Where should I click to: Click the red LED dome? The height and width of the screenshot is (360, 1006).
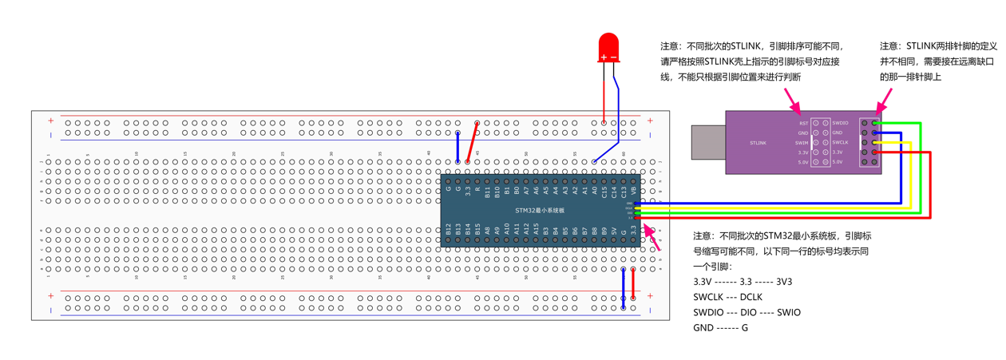pos(608,46)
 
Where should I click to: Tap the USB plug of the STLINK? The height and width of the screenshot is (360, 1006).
pos(707,142)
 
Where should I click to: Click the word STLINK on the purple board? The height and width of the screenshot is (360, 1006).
pos(758,143)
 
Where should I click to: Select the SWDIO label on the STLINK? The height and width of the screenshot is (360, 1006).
pos(840,123)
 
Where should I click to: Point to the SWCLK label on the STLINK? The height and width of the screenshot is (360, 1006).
pos(840,142)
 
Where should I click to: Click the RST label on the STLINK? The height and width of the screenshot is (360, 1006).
pos(803,123)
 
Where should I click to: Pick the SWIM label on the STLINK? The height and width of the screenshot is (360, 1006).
pos(802,143)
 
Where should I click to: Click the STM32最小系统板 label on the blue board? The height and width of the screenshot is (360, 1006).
pos(540,210)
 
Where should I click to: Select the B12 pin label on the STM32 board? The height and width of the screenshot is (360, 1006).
pos(449,231)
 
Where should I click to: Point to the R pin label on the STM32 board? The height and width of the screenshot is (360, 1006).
pos(477,190)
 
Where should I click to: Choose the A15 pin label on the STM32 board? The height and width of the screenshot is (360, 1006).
pos(537,231)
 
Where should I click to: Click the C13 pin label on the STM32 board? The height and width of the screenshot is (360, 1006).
pos(624,192)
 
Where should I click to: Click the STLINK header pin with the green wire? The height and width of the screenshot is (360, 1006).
pos(875,123)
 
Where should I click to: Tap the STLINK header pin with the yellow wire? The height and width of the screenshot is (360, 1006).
pos(875,142)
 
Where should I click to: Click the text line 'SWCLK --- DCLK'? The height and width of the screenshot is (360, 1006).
pos(727,297)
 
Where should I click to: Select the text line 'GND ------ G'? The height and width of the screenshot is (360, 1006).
pos(720,327)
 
